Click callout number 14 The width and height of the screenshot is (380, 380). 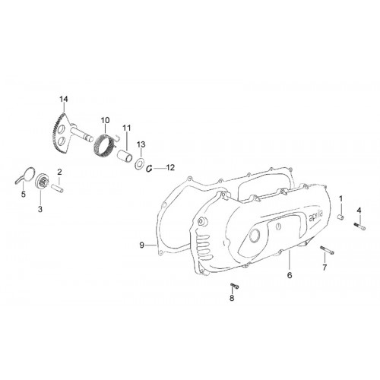[64, 99]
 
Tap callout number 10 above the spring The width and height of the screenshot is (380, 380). [106, 120]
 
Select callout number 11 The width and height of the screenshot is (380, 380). [127, 128]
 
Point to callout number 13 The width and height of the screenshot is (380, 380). [141, 144]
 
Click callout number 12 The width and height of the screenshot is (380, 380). [170, 167]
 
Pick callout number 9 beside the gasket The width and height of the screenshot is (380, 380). [142, 245]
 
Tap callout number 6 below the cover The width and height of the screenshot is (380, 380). [290, 275]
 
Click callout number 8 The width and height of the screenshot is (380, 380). [232, 298]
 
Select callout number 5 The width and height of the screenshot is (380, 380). [24, 195]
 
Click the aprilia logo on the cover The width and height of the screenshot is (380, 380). [316, 217]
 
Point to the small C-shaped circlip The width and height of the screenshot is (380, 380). [150, 168]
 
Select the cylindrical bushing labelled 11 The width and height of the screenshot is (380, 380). [125, 156]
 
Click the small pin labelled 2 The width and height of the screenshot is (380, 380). [57, 188]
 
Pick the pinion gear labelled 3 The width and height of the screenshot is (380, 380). [42, 182]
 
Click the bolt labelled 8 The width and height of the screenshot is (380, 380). [234, 286]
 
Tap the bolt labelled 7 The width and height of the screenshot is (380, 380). [327, 250]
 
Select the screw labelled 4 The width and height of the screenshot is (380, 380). [359, 226]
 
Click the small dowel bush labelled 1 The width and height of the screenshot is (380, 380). [340, 217]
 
